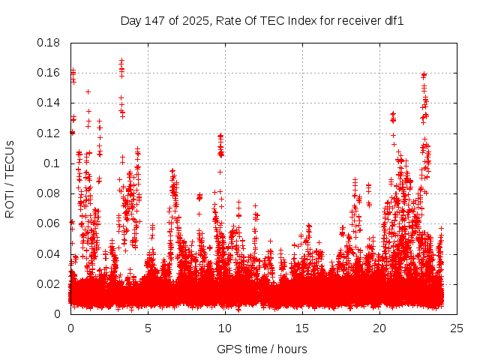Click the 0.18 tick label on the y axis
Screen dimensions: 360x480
(x=49, y=43)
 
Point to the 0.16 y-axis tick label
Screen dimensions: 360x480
(x=49, y=73)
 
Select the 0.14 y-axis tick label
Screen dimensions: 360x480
(x=49, y=103)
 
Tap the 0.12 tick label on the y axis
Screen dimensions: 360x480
(x=49, y=133)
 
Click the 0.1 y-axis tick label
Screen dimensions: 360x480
(x=52, y=163)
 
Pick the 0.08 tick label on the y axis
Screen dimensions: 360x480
(x=49, y=193)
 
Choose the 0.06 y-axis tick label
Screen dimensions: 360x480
(x=49, y=223)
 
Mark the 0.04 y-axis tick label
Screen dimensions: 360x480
(x=49, y=253)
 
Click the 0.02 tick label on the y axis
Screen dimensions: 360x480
(x=49, y=283)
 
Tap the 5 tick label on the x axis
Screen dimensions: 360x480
(x=148, y=328)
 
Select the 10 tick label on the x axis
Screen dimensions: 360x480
(x=225, y=328)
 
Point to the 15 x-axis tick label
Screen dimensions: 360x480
(x=302, y=328)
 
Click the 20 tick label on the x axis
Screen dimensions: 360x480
(x=379, y=328)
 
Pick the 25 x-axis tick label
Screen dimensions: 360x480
(x=457, y=328)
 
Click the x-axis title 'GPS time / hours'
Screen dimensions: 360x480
(x=262, y=349)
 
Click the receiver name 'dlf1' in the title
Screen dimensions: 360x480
(x=394, y=20)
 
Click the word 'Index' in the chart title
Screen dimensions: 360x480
(x=307, y=20)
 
